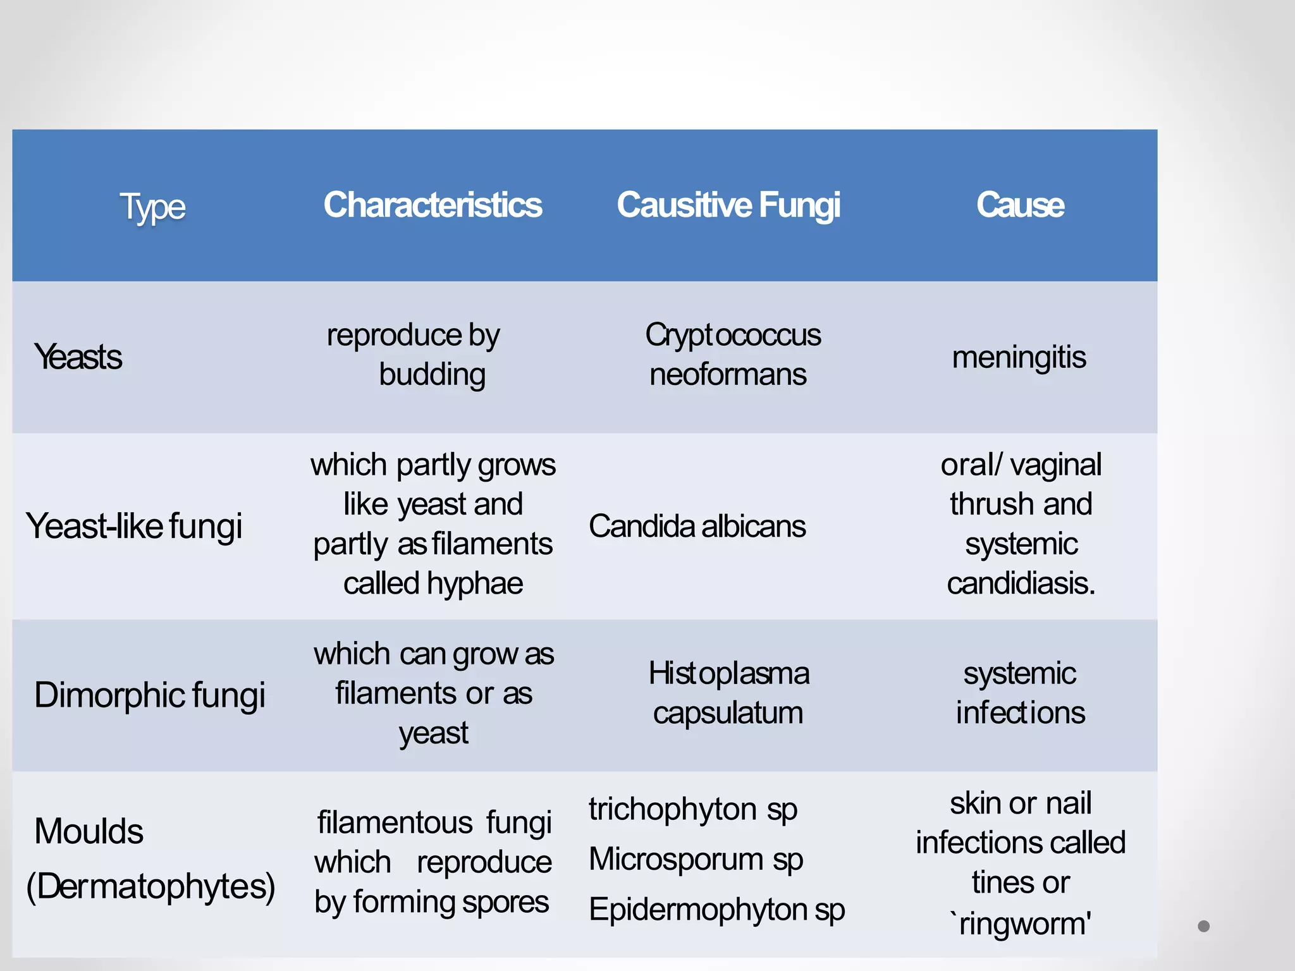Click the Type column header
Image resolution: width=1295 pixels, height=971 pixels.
152,207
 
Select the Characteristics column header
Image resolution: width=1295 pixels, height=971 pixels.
433,205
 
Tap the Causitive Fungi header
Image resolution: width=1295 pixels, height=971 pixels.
728,205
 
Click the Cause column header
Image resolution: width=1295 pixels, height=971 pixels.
1020,205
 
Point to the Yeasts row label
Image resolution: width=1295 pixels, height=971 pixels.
78,357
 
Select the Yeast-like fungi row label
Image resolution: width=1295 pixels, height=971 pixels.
134,526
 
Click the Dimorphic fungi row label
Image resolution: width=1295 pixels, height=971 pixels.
150,695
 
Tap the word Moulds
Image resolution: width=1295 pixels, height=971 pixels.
89,831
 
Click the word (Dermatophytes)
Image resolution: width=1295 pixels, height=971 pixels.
150,886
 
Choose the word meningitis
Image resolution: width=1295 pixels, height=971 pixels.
1019,358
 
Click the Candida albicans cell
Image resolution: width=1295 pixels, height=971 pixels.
697,526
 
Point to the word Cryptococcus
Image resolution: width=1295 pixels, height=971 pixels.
733,335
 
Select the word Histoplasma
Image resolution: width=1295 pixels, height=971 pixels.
728,673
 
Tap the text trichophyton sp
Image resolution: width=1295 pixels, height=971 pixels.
693,810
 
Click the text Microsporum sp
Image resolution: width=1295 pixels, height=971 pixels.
696,860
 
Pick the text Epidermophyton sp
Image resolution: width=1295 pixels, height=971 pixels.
716,910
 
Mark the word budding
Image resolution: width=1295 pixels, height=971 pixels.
433,375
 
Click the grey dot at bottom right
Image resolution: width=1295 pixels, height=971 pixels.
1203,926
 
